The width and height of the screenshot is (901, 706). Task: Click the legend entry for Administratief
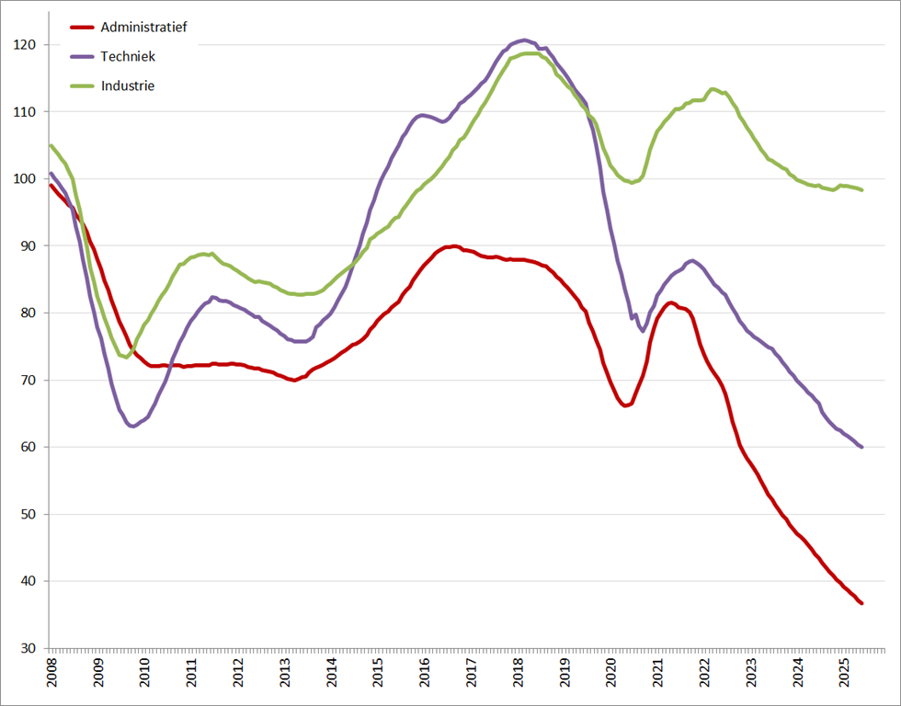click(143, 28)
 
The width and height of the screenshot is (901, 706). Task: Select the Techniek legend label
click(128, 56)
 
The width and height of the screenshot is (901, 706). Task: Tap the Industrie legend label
click(127, 85)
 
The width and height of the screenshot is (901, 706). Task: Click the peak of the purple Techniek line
click(524, 40)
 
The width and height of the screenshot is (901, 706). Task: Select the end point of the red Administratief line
click(861, 603)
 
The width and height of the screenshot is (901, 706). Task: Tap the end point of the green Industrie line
click(861, 189)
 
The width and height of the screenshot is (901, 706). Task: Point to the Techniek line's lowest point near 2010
click(133, 426)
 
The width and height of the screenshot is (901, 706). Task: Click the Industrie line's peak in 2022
click(713, 89)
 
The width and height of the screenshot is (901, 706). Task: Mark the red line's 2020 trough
click(626, 404)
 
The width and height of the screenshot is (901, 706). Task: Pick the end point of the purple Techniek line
click(861, 447)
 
